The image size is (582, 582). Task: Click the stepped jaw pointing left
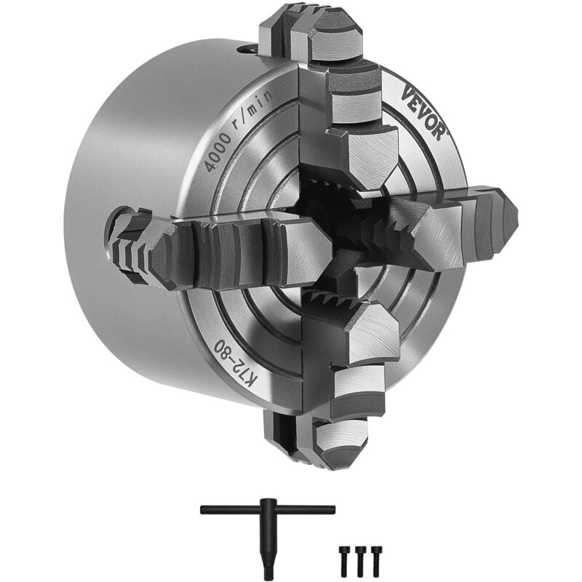218,251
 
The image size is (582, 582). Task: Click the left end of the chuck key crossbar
206,510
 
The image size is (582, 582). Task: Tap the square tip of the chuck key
268,574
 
